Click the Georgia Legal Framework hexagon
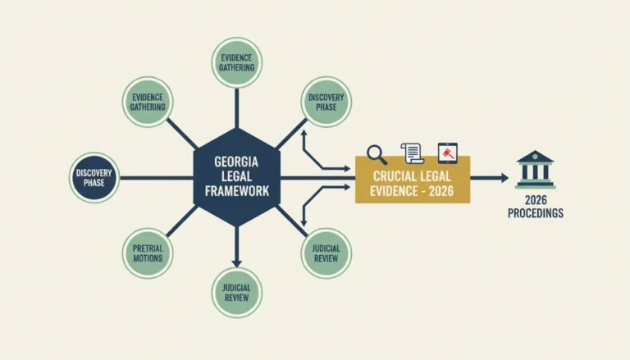coord(236,177)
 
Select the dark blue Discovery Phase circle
coord(94,178)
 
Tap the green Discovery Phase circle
coord(326,102)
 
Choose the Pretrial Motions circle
coord(148,253)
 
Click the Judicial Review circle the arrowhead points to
coord(236,293)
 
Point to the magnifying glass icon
coord(377,155)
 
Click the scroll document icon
coord(413,153)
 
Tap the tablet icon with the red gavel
coord(448,153)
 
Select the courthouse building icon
coord(535,170)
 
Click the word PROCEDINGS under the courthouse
coord(536,213)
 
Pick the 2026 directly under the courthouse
coord(536,200)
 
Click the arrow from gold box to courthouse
coord(490,178)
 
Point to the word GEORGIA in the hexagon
coord(236,162)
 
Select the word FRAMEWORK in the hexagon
coord(236,191)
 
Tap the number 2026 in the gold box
coord(441,191)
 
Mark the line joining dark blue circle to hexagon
coord(157,178)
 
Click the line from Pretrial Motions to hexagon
coord(182,221)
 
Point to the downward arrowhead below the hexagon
coord(236,263)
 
